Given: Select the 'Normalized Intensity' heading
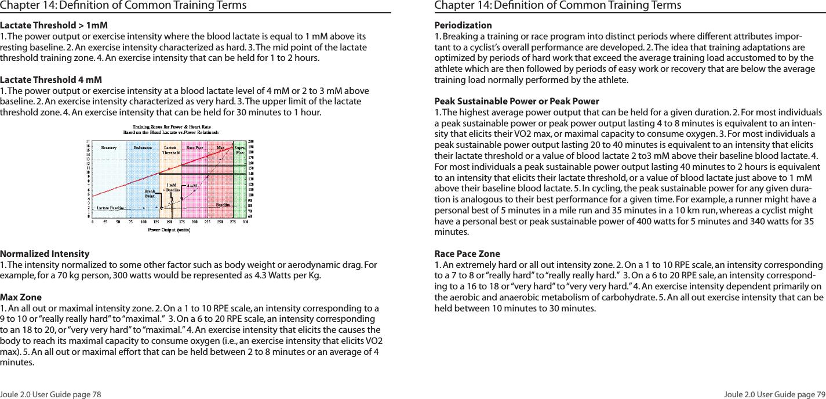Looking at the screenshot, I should pos(45,254).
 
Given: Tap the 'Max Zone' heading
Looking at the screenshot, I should pos(21,298).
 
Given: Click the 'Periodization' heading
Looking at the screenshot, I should pos(463,26).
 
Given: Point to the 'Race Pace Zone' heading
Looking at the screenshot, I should pos(467,254).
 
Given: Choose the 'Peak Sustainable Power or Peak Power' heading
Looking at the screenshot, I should pos(516,101).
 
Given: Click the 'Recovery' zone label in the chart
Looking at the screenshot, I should pos(108,148).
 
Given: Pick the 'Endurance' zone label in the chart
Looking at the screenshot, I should pos(143,148).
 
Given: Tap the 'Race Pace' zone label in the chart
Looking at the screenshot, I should pos(195,148).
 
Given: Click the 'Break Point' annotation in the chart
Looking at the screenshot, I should pos(150,193).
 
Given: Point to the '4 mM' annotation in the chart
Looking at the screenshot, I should pos(191,187).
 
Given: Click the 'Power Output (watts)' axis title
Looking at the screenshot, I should pos(169,230).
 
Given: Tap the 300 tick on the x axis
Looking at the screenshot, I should pos(245,222).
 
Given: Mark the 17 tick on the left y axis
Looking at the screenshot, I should pos(88,141).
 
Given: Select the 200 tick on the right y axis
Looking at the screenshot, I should pos(251,141).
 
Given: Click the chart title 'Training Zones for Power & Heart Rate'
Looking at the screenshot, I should pos(171,126).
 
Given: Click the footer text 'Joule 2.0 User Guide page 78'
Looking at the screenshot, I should pos(50,394).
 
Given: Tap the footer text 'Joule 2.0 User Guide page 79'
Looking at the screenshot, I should pos(774,394).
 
